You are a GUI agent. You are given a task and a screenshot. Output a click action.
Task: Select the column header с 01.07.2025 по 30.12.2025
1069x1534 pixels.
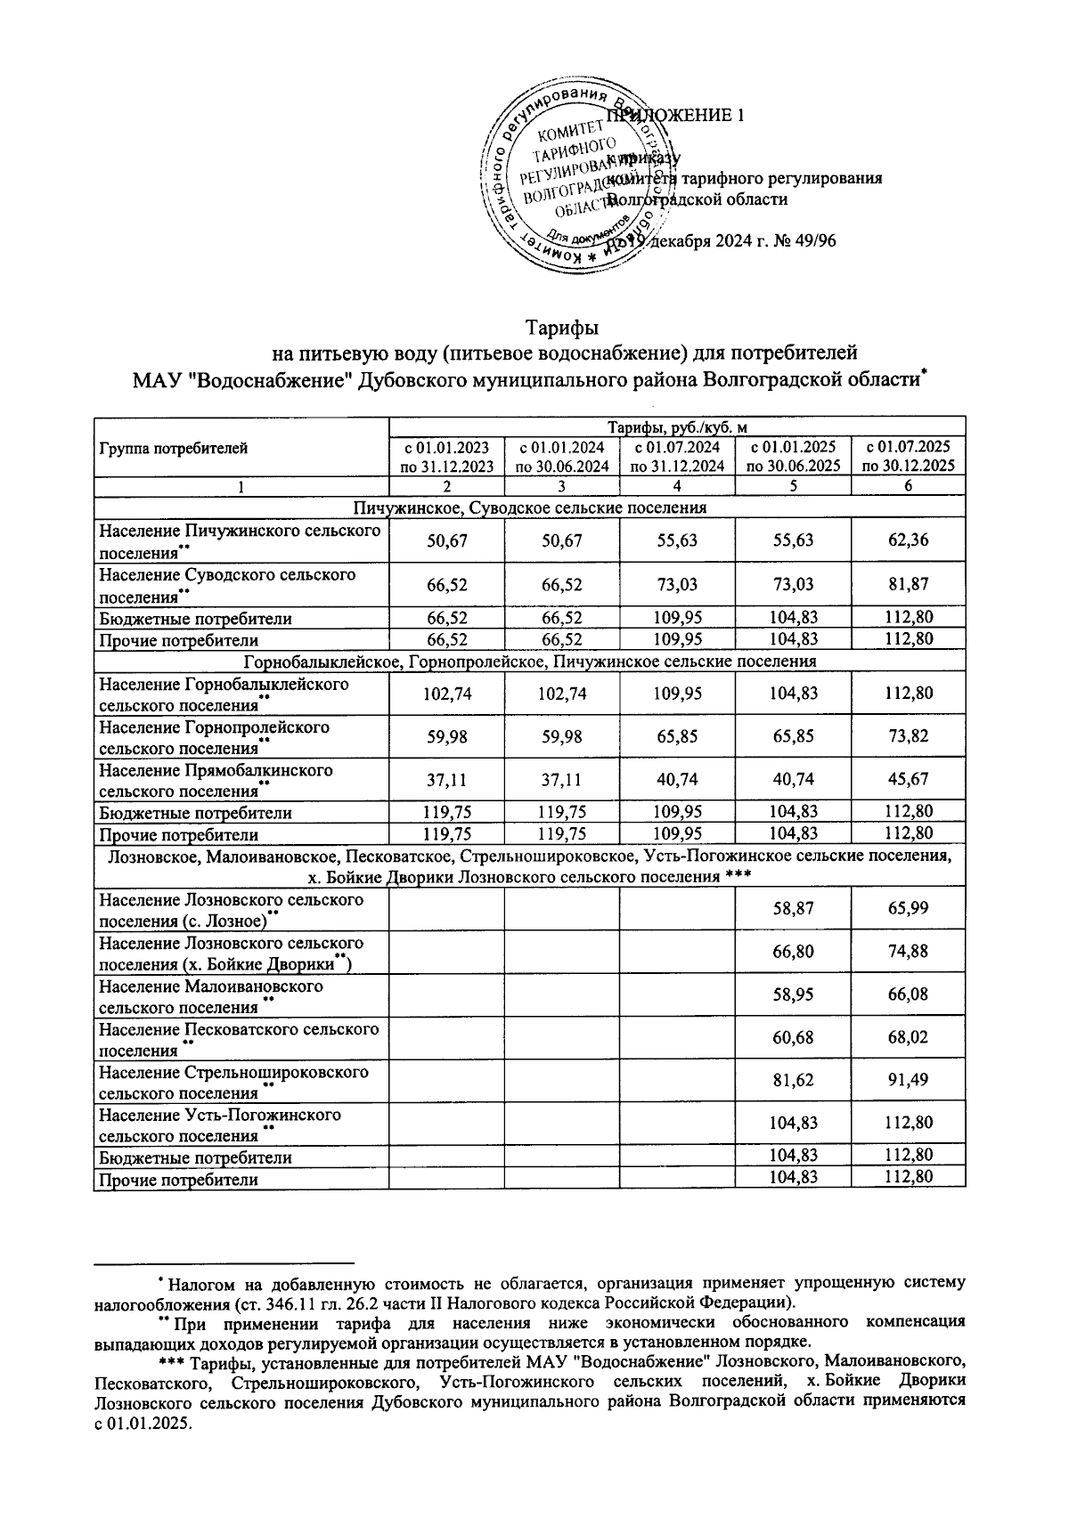pos(908,456)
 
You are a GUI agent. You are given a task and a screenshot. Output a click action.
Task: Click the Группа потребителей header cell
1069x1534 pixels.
pos(174,449)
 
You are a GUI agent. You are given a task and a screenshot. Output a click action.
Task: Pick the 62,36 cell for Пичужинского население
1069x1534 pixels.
pos(908,541)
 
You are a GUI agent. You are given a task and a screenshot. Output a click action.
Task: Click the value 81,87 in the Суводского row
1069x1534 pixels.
pos(908,585)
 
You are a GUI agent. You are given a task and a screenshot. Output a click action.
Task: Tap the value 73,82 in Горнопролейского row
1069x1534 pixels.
pos(908,736)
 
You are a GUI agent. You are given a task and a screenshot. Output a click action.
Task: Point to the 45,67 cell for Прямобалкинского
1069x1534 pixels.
pos(908,779)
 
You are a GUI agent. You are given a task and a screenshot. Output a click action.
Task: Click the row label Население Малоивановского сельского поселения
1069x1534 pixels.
pos(210,996)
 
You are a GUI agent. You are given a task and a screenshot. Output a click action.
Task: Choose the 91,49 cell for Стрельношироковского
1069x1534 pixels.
pos(908,1082)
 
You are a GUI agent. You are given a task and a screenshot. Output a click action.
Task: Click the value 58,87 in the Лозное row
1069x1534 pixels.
pos(793,909)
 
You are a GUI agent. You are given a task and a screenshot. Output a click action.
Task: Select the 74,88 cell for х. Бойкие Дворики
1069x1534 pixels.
pos(908,952)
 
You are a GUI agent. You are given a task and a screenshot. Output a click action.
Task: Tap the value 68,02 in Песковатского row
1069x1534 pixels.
pos(908,1038)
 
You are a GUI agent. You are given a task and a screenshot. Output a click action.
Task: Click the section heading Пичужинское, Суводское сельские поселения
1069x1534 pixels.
pos(529,508)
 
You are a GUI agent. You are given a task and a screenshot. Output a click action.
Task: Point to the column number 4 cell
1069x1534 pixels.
pos(677,487)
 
